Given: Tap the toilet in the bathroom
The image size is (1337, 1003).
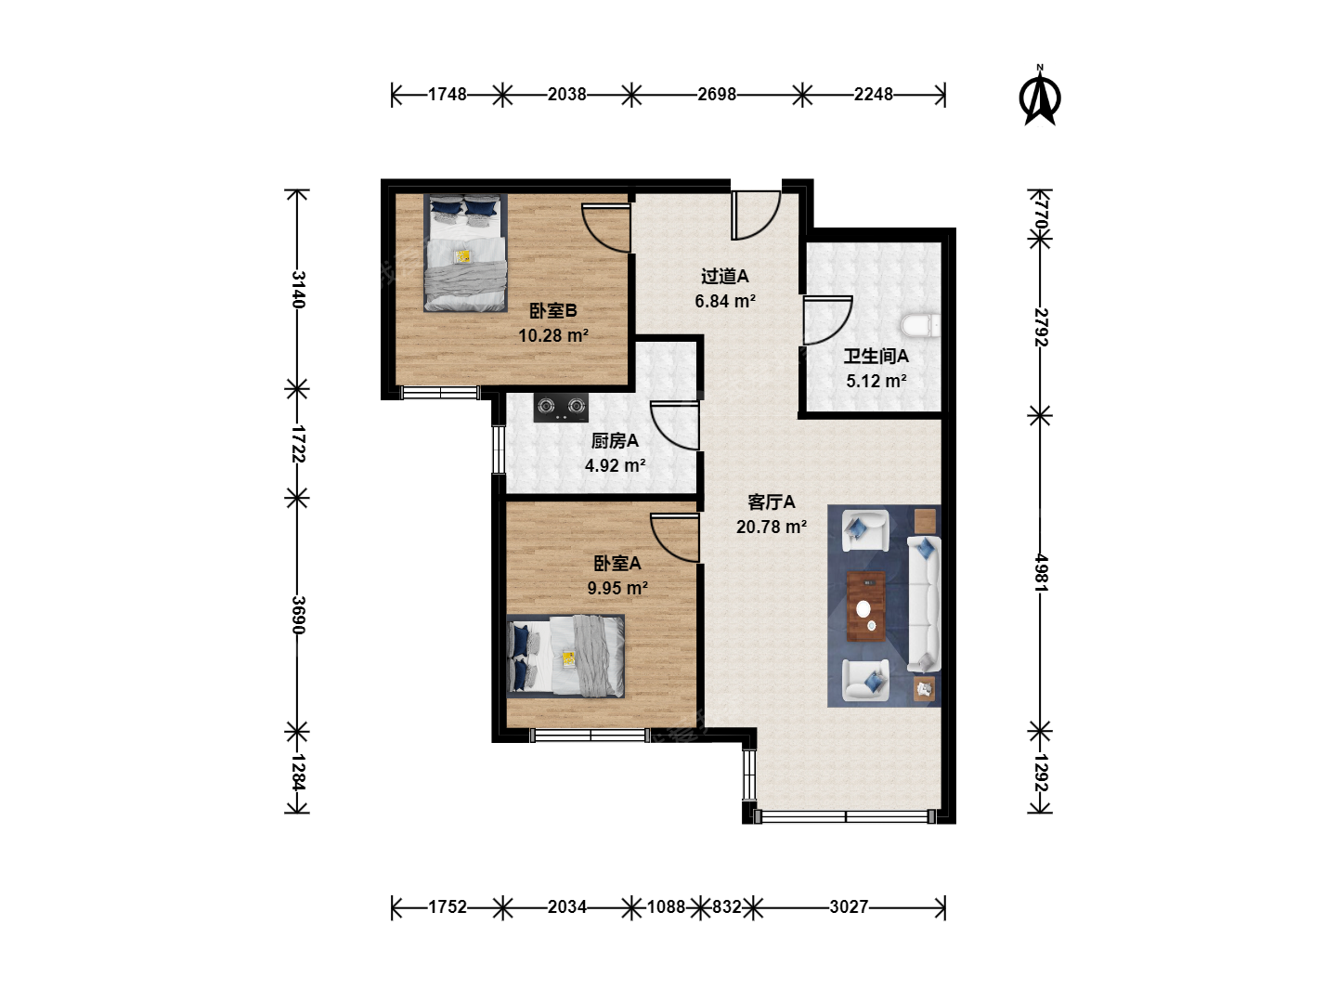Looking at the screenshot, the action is point(920,326).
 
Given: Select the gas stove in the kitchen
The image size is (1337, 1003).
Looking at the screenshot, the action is point(561,408).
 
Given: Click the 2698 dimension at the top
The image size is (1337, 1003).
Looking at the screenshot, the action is point(716,95).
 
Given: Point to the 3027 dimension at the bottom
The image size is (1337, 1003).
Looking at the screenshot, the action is point(849,906).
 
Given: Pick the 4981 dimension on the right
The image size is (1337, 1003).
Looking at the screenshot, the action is point(1041,573).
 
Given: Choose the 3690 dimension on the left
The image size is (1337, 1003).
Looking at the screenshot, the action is point(298,615).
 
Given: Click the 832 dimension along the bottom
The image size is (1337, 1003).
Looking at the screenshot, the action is point(727,906).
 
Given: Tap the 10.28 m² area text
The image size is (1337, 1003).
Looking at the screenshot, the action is point(553,335).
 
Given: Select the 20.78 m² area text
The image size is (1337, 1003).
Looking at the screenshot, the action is point(772,527).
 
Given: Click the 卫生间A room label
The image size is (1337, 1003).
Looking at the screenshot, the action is point(876,357).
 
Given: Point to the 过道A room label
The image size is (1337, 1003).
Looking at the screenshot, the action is point(725,277).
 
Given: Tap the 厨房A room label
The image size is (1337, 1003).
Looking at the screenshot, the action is point(615,441).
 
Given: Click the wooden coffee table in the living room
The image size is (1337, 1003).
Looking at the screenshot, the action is point(866,606).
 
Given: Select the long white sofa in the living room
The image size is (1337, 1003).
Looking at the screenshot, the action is point(924,604).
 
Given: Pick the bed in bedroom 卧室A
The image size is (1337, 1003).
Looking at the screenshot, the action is point(565,656).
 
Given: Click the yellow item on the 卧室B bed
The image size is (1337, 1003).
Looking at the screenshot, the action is point(463,255).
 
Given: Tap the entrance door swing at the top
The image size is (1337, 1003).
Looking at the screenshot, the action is point(756,215).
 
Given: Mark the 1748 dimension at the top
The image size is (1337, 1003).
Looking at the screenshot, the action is point(448,95).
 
